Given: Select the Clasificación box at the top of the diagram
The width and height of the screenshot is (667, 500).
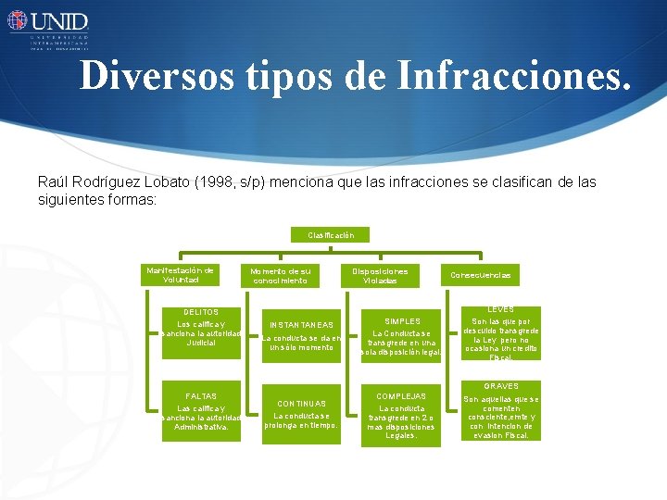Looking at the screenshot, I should (x=331, y=235).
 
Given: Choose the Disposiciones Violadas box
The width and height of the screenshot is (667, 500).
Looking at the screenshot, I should (x=380, y=276).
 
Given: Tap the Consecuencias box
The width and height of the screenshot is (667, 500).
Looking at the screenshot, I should (x=480, y=276).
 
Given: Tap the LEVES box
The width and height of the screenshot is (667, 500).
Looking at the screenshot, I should (x=501, y=333).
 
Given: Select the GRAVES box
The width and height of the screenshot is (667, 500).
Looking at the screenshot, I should (x=501, y=411).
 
